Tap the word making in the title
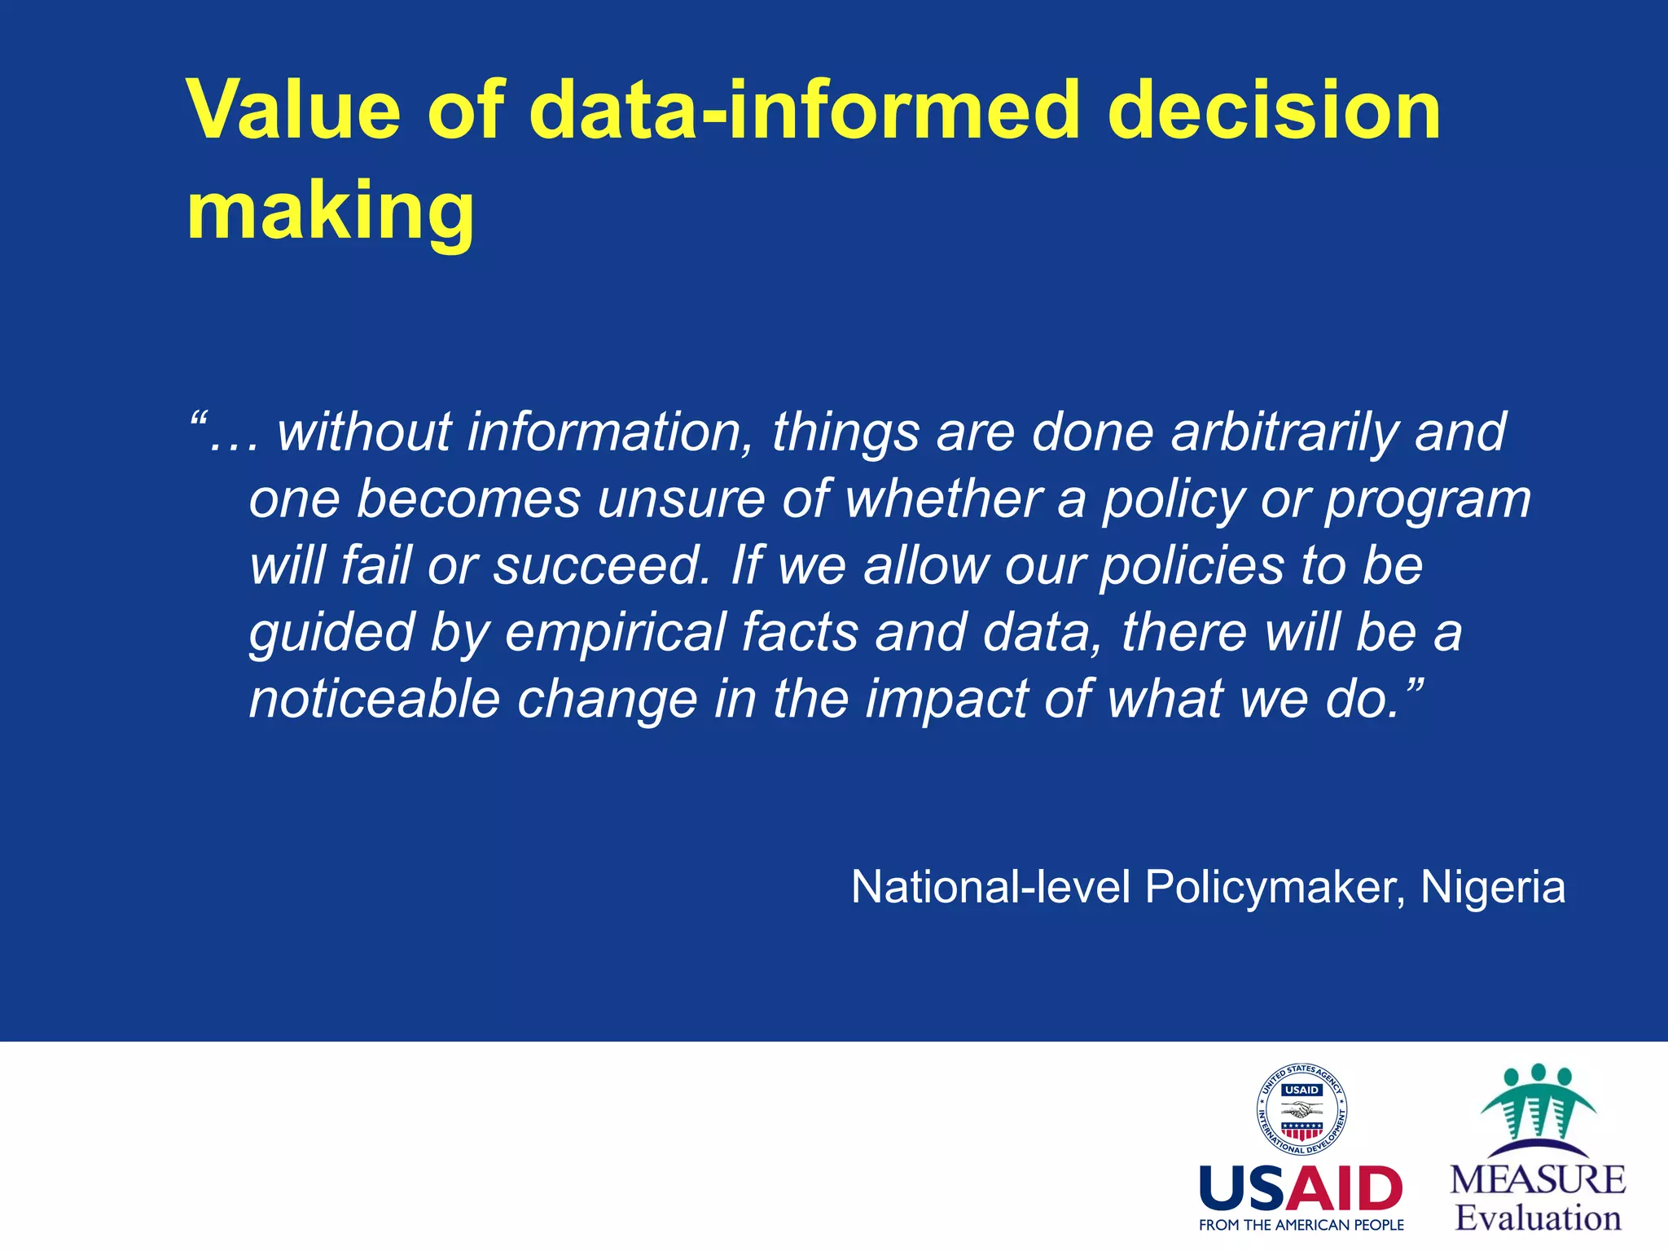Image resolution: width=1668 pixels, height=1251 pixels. (x=330, y=212)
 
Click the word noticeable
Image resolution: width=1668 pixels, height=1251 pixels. (x=374, y=699)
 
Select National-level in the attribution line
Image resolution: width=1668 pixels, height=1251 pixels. (x=990, y=887)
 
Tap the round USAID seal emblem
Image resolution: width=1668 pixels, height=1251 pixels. (x=1301, y=1110)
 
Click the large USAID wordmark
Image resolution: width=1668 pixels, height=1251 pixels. (x=1301, y=1189)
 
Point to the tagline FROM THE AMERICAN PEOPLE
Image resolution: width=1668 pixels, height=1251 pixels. (x=1301, y=1225)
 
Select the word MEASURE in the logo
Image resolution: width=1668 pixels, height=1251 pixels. (x=1537, y=1180)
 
